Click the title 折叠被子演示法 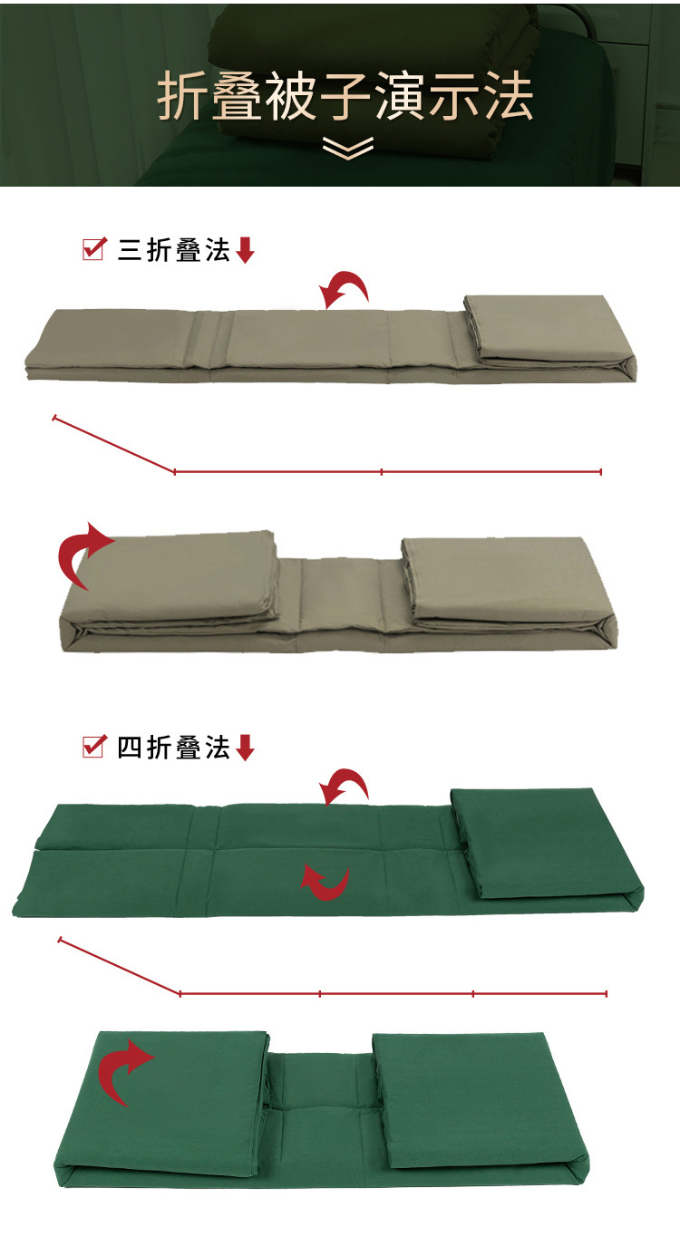tap(345, 98)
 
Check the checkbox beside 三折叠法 tap(93, 249)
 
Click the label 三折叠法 tap(173, 250)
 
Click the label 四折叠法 tap(173, 748)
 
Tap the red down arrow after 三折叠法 tap(245, 251)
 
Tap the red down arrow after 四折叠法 tap(245, 748)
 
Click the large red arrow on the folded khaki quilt tap(84, 555)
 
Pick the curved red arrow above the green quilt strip tap(345, 786)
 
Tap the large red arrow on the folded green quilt tap(126, 1070)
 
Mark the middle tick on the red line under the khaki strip tap(382, 471)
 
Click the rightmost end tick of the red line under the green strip tap(606, 994)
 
